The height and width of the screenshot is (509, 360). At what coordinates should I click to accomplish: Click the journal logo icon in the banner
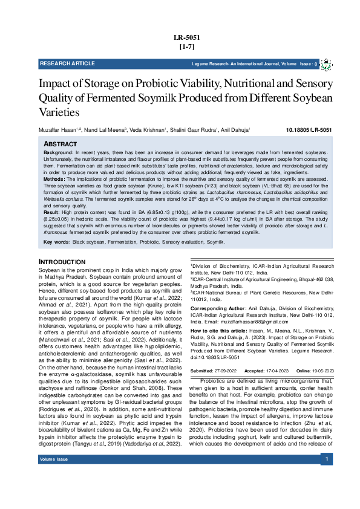(326, 63)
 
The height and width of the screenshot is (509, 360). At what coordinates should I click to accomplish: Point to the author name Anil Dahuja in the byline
(236, 130)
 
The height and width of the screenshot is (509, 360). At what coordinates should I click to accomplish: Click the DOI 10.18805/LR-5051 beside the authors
(309, 130)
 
